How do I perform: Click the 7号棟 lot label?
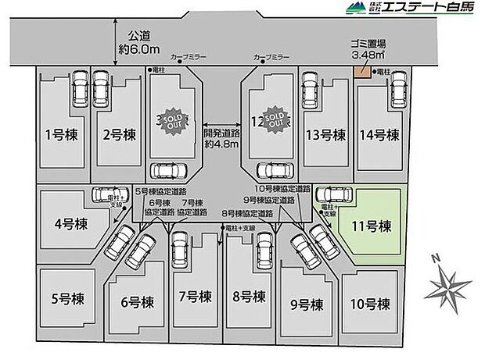pos(193,297)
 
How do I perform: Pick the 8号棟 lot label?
pos(249,297)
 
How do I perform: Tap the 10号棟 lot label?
pos(366,303)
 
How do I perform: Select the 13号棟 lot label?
pos(325,134)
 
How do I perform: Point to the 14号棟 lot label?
pos(381,134)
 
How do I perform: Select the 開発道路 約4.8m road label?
pos(221,138)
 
